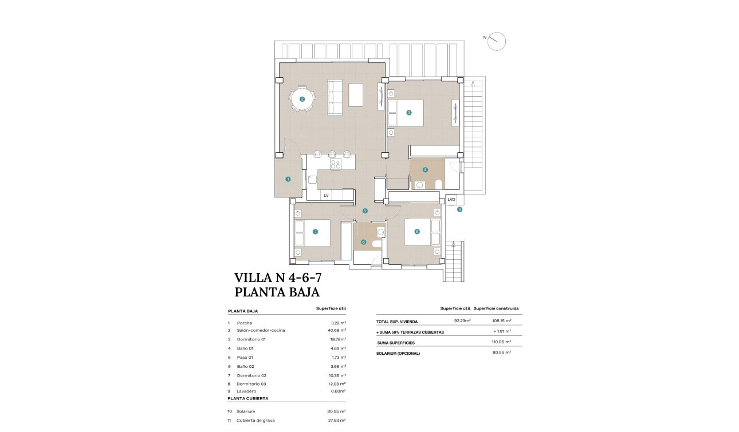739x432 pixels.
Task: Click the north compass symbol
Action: pos(497,41)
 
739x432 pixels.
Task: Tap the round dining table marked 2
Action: pos(302,100)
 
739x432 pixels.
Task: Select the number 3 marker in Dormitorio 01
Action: pos(408,113)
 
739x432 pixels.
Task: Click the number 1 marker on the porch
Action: pos(288,179)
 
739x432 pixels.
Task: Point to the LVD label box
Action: pos(451,199)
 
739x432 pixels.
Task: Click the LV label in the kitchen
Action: pos(326,195)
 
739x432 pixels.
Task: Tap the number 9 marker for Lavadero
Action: pos(459,209)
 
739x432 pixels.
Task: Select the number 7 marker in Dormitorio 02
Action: pos(315,232)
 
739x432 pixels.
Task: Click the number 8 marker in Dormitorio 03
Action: pos(416,232)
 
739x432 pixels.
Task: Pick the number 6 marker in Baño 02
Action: pos(363,241)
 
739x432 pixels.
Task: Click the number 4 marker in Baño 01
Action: pos(424,169)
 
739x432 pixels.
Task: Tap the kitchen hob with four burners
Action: pos(336,164)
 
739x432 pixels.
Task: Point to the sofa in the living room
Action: pos(335,97)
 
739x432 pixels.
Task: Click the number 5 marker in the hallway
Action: pos(365,211)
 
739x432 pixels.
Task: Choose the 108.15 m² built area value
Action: pos(501,321)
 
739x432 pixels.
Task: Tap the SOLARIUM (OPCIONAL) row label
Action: pos(398,353)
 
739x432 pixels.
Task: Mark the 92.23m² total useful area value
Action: pos(462,321)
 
